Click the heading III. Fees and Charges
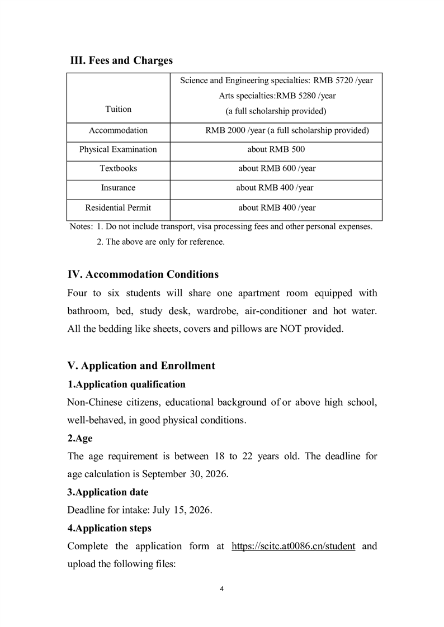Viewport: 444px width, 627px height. click(x=121, y=60)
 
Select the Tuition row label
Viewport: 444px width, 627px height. click(x=118, y=110)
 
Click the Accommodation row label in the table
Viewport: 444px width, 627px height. click(x=118, y=130)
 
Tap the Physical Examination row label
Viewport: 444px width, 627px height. click(x=118, y=149)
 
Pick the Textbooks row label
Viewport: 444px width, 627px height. click(x=118, y=168)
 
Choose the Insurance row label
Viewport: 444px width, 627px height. click(x=118, y=188)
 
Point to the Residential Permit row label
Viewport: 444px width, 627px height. click(x=118, y=208)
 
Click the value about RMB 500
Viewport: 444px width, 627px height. click(x=276, y=149)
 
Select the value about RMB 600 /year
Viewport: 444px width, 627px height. click(x=276, y=168)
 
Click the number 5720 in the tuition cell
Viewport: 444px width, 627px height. click(x=341, y=80)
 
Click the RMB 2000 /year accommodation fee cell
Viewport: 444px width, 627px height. click(x=287, y=130)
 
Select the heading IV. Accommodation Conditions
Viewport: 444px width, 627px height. click(x=143, y=274)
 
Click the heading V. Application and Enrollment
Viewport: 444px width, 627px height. click(x=141, y=366)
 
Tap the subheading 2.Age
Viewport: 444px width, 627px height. click(x=80, y=439)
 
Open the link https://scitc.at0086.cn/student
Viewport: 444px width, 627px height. click(x=293, y=546)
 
